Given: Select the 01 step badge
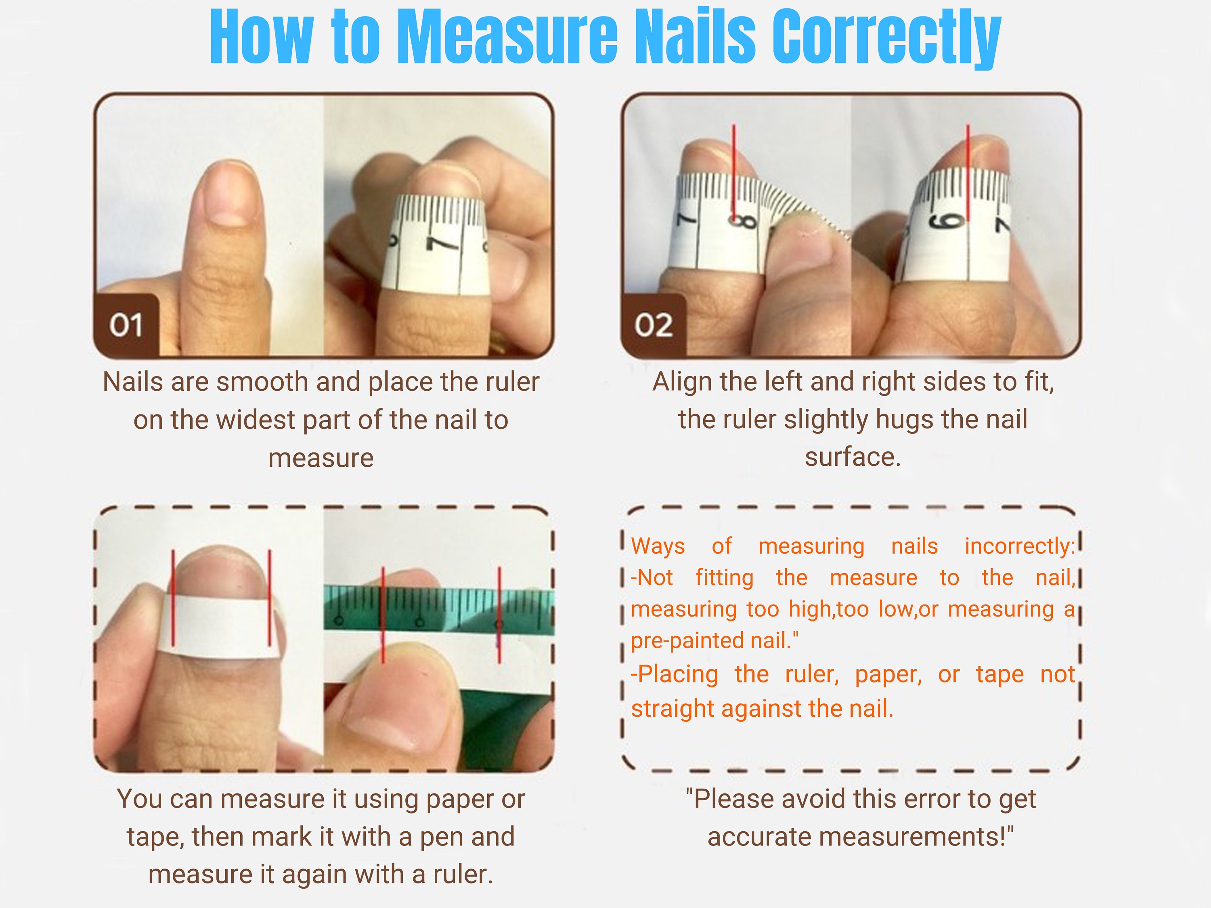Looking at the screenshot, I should tap(126, 325).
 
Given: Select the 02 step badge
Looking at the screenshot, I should tap(654, 325).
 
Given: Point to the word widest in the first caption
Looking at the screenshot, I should tap(256, 421).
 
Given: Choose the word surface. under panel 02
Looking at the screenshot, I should tap(853, 457).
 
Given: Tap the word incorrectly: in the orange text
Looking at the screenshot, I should tap(1019, 546).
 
